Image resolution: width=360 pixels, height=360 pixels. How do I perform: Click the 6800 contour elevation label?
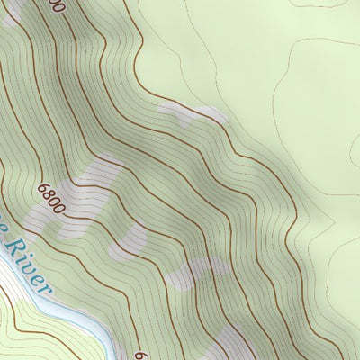(x=52, y=199)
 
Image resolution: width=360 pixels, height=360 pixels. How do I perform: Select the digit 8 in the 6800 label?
(x=49, y=195)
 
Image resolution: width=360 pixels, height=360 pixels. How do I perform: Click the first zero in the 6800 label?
(x=55, y=202)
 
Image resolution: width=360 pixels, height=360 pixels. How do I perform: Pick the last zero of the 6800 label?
(x=60, y=208)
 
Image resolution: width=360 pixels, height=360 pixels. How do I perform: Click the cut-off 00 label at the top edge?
(x=56, y=5)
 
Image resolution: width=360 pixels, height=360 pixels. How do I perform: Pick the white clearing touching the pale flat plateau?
(x=191, y=113)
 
